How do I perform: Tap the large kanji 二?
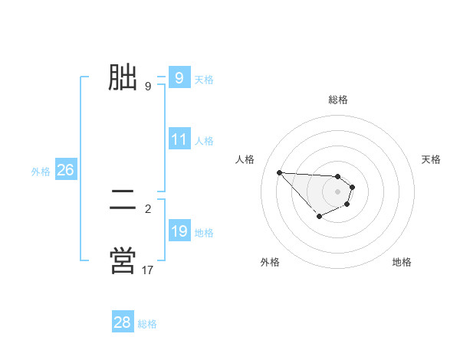(x=123, y=201)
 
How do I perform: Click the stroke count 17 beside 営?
(x=148, y=270)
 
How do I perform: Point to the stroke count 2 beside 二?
(x=148, y=208)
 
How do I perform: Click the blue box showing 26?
(x=65, y=171)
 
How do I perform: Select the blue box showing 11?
(x=179, y=140)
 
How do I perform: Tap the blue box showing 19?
(x=179, y=231)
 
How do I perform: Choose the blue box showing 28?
(x=123, y=322)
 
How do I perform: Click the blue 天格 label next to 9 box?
(x=204, y=80)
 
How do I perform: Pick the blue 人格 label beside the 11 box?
(x=204, y=141)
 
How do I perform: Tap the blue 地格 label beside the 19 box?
(x=204, y=232)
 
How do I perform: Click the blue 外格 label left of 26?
(x=41, y=172)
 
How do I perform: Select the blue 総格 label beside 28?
(x=147, y=324)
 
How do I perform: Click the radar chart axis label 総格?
(x=337, y=100)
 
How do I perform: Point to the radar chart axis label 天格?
(x=432, y=159)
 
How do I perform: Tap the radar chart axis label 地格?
(x=402, y=262)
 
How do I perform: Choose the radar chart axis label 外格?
(x=270, y=262)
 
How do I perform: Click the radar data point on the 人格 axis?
(x=279, y=172)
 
